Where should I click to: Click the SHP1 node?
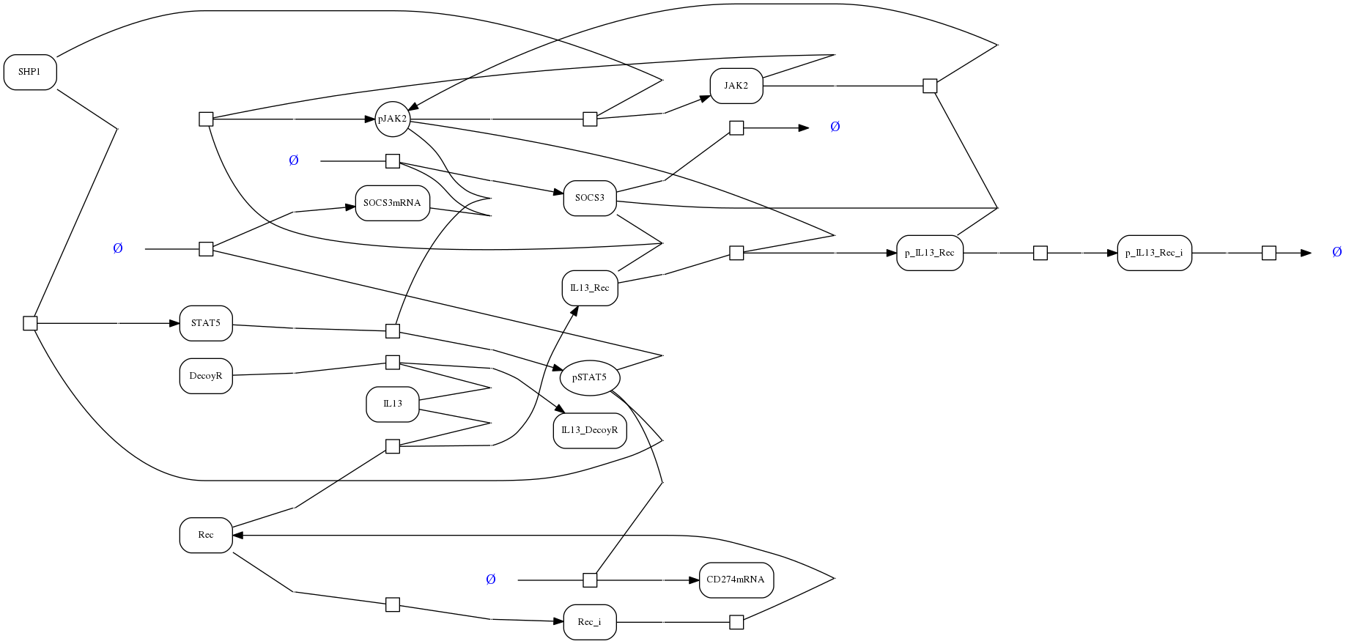click(x=30, y=73)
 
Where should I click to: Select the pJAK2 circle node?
click(x=392, y=119)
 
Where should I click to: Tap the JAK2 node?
click(x=736, y=86)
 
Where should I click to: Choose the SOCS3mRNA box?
click(x=392, y=203)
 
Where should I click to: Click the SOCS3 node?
click(x=590, y=198)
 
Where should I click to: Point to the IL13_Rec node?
click(x=590, y=288)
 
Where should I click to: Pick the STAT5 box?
click(x=206, y=323)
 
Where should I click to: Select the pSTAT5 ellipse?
click(x=590, y=377)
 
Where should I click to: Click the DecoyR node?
click(x=206, y=376)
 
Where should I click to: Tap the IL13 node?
click(x=393, y=404)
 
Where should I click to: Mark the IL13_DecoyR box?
click(x=590, y=430)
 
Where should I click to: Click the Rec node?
click(x=206, y=535)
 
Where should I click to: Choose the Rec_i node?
click(x=590, y=622)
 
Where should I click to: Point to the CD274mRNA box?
click(x=736, y=580)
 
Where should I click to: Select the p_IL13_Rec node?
click(x=930, y=253)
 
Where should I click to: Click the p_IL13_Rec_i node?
click(x=1154, y=253)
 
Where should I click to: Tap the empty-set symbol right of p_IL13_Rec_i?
click(x=1336, y=252)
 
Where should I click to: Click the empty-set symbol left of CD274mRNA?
click(x=491, y=580)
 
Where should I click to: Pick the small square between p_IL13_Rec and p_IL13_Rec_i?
click(x=1040, y=253)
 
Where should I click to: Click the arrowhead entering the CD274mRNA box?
click(x=694, y=580)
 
